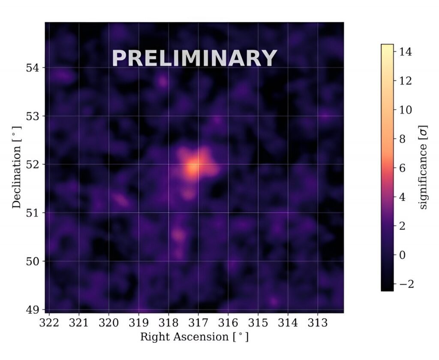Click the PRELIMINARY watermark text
(194, 58)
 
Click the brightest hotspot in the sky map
(193, 167)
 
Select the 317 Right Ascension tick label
(198, 322)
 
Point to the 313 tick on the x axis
(317, 322)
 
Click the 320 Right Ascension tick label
(109, 322)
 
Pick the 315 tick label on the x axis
(258, 322)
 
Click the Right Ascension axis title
(194, 337)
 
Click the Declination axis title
(17, 167)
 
